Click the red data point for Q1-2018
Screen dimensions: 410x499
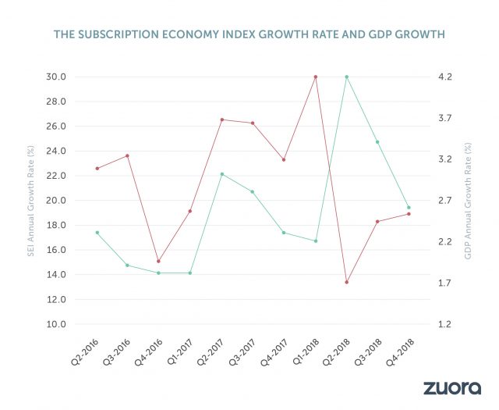(x=316, y=77)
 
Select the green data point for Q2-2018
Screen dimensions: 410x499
(x=346, y=77)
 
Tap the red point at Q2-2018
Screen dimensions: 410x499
(x=346, y=282)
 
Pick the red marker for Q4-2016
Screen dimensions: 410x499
(x=158, y=261)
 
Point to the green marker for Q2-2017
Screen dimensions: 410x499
(x=221, y=174)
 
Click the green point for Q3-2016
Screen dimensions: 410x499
(x=127, y=266)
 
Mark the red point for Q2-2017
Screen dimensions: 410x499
(x=221, y=119)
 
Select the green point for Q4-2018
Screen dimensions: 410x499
(x=409, y=208)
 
